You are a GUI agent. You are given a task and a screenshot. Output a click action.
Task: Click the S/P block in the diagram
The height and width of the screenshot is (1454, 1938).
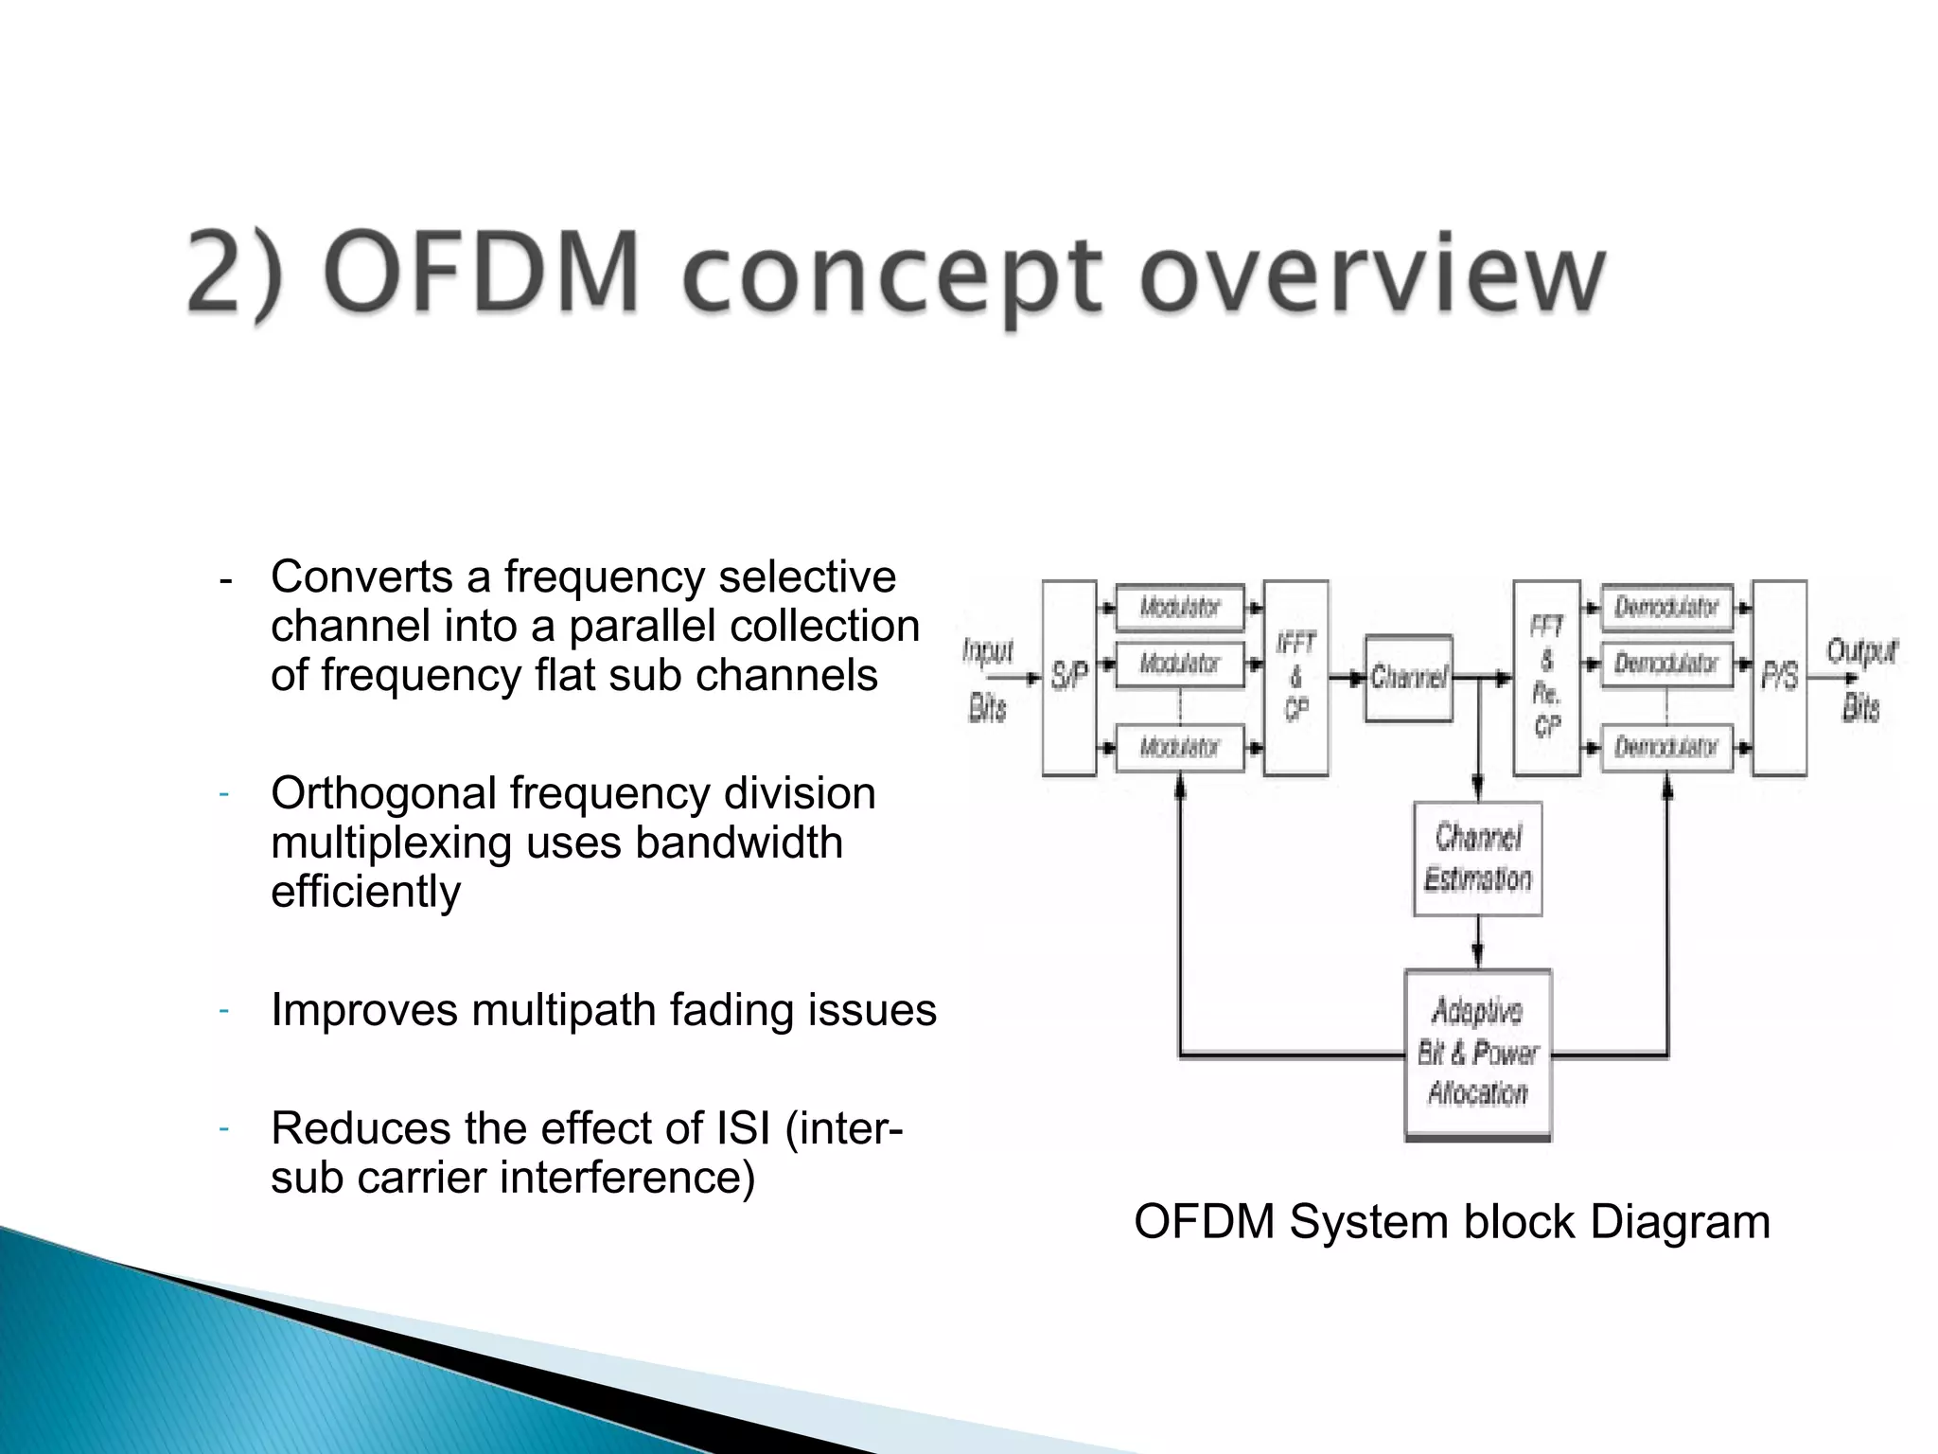[1069, 678]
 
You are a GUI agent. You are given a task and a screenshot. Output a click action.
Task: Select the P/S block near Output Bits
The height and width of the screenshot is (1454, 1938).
[1779, 678]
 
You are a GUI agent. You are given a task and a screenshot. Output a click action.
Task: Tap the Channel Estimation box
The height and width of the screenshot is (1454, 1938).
[1477, 859]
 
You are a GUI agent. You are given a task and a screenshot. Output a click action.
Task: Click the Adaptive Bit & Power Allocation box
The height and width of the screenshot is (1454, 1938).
[1477, 1054]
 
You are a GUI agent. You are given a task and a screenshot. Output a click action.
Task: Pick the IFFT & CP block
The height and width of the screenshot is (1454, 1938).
[1295, 678]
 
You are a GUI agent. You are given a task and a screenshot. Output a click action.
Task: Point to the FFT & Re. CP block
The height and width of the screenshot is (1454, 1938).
[1546, 678]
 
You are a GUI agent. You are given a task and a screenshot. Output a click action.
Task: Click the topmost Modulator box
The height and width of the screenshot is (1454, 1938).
[1179, 607]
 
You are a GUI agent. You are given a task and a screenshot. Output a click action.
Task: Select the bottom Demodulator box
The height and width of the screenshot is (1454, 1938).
[1666, 748]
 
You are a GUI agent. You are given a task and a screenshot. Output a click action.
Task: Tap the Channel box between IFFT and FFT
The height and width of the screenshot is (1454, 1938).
[1408, 678]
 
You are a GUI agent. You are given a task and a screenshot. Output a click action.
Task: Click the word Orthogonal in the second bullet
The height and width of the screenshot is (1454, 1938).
[382, 793]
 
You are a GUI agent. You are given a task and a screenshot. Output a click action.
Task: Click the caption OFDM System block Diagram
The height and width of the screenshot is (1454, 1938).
[1452, 1221]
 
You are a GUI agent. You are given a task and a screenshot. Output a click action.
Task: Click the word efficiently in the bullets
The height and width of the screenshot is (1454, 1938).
[365, 892]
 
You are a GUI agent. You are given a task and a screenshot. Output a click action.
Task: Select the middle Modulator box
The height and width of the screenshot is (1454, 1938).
[1179, 664]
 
